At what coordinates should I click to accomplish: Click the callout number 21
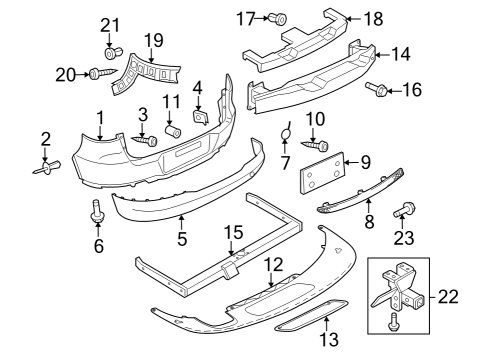pyautogui.click(x=110, y=25)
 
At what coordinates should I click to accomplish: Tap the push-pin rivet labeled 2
pyautogui.click(x=47, y=167)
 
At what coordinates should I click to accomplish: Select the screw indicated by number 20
pyautogui.click(x=103, y=73)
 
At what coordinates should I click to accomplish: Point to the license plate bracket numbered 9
pyautogui.click(x=322, y=172)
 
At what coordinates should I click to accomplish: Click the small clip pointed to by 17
pyautogui.click(x=278, y=18)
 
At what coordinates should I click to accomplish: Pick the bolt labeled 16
pyautogui.click(x=376, y=89)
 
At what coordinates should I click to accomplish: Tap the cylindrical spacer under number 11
pyautogui.click(x=173, y=131)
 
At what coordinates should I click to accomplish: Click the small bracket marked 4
pyautogui.click(x=201, y=117)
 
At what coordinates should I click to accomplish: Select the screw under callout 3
pyautogui.click(x=144, y=140)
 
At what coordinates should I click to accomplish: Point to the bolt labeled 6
pyautogui.click(x=97, y=211)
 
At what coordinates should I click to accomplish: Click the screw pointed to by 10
pyautogui.click(x=315, y=145)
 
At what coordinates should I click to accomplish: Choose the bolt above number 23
pyautogui.click(x=404, y=210)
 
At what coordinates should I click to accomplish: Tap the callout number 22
pyautogui.click(x=448, y=297)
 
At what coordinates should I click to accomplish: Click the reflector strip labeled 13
pyautogui.click(x=311, y=315)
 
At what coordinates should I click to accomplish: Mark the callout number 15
pyautogui.click(x=233, y=232)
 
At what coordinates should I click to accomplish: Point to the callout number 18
pyautogui.click(x=374, y=19)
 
